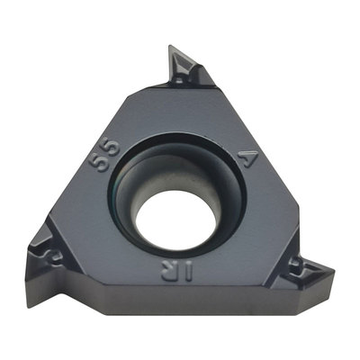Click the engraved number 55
click(104, 155)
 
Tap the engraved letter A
click(247, 157)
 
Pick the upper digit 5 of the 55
click(111, 148)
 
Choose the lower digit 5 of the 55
click(99, 162)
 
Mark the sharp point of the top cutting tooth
click(170, 46)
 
